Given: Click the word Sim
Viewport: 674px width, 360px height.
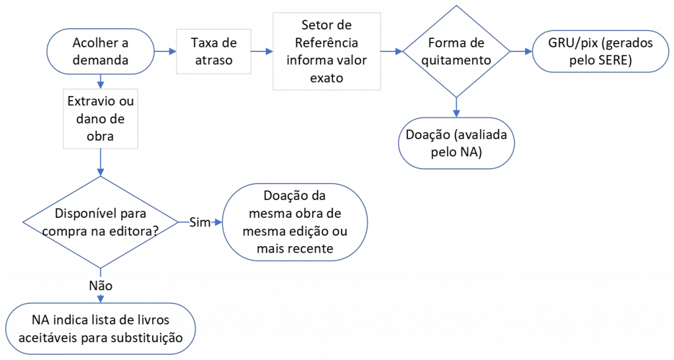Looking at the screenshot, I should pos(199,222).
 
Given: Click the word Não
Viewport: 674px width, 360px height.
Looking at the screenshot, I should pos(101,285).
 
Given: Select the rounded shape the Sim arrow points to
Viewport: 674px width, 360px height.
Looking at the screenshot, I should pos(294,222).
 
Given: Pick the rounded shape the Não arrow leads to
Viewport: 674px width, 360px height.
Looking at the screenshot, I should pos(101,328).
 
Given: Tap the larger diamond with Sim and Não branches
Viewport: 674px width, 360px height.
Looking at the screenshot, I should pos(101,222).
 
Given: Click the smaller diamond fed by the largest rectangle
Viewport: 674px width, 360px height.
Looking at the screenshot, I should pos(456,51).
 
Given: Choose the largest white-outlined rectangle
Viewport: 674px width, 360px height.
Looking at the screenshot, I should pos(326,51).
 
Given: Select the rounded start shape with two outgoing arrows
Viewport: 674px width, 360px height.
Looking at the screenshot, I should pos(100,51).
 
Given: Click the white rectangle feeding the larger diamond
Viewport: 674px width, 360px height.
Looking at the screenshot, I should pos(101,118).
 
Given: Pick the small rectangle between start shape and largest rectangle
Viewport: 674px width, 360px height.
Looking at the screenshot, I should pos(213,51).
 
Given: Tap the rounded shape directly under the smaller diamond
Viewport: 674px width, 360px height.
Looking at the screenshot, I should pos(456,143).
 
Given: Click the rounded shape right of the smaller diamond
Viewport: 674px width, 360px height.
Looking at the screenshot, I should pos(600,51).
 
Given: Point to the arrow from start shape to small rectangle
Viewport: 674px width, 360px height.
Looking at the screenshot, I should pos(165,51).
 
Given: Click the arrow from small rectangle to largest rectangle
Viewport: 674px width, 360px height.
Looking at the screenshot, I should pos(262,51).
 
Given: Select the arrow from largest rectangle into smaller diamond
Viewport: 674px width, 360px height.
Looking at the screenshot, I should pos(392,51).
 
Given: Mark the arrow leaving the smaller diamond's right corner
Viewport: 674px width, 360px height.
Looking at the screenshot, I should pos(521,51).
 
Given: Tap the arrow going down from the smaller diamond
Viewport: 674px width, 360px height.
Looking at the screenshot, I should pos(456,107).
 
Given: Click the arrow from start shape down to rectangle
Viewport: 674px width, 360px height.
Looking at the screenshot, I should pos(100,82).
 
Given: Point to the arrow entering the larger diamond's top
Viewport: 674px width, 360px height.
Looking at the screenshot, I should pos(101,163).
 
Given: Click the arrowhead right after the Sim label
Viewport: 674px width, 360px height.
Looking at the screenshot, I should pos(217,222).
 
